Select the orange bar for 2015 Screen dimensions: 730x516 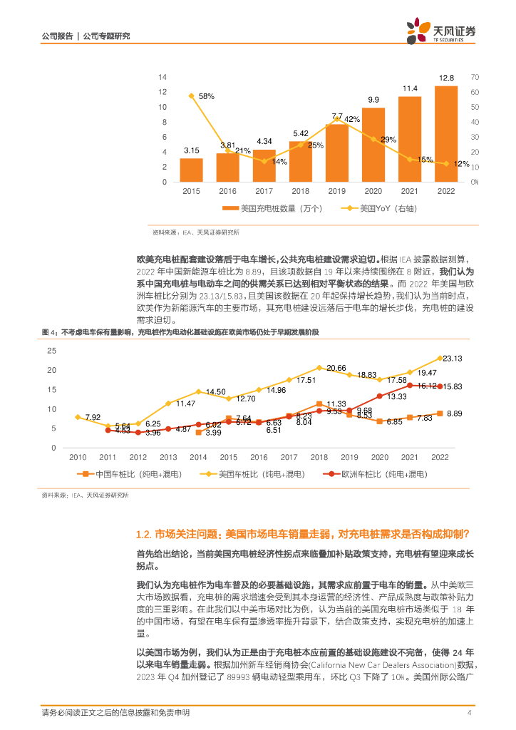pyautogui.click(x=191, y=170)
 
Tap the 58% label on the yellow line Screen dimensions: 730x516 pyautogui.click(x=206, y=96)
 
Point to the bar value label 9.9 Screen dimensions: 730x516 pyautogui.click(x=373, y=100)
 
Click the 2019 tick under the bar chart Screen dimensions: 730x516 pyautogui.click(x=337, y=192)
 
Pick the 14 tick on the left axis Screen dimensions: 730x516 pyautogui.click(x=162, y=76)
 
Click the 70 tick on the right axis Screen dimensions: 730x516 pyautogui.click(x=475, y=76)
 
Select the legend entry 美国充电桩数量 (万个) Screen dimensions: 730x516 pyautogui.click(x=273, y=209)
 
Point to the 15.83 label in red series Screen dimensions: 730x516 pyautogui.click(x=453, y=386)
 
